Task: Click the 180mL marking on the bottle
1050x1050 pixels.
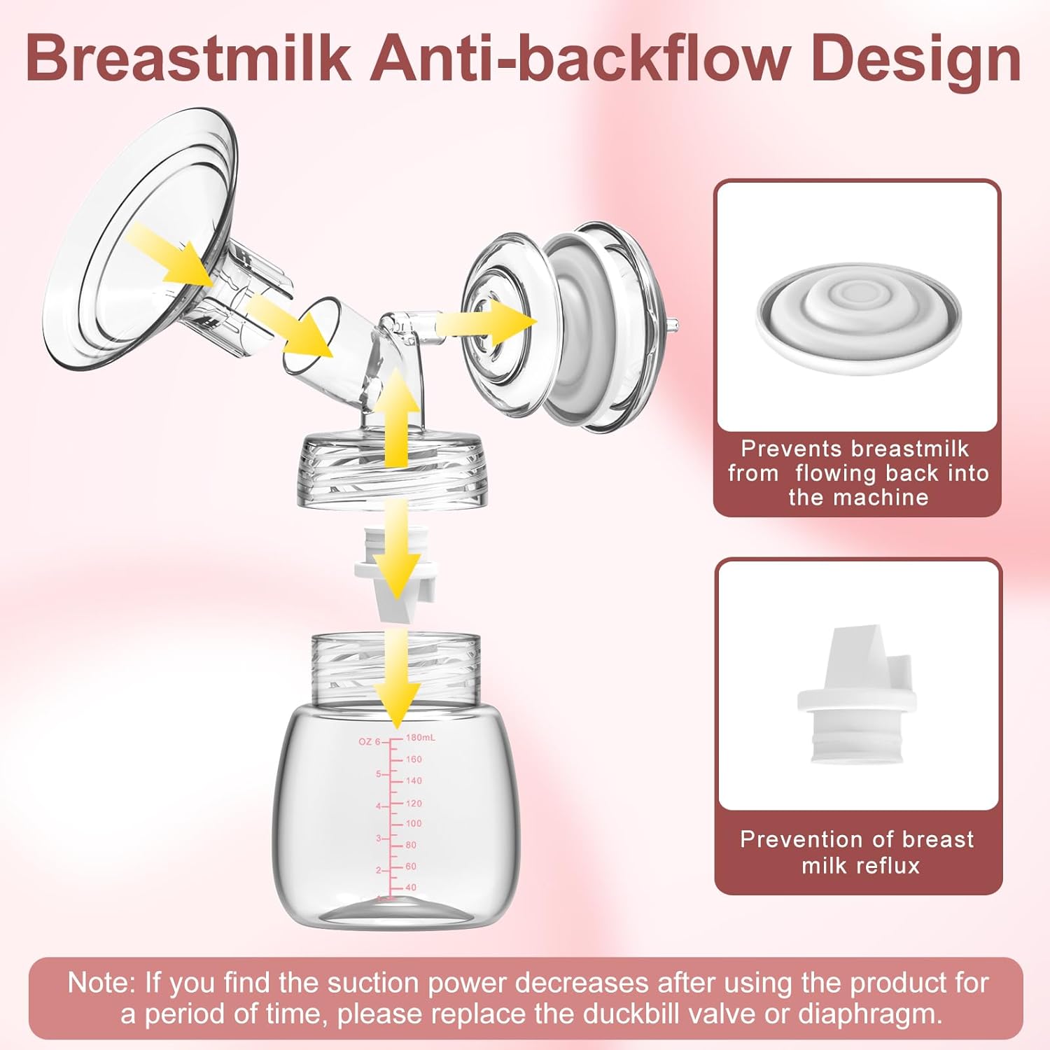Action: click(421, 737)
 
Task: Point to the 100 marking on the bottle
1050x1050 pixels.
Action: click(414, 823)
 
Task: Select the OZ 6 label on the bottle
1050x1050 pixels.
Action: click(369, 741)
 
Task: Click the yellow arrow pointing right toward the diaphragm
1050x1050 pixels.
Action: click(486, 323)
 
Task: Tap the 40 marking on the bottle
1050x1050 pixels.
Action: click(410, 887)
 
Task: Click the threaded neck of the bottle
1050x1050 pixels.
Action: click(395, 668)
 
